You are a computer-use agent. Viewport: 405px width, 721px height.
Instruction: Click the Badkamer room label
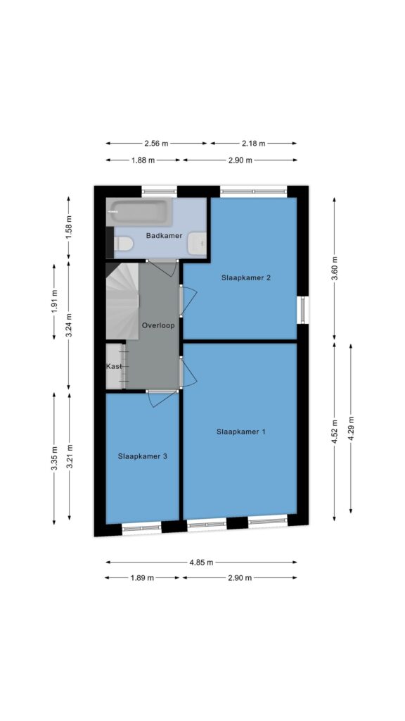(164, 236)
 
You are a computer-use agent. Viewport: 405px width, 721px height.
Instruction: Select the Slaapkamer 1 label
(240, 432)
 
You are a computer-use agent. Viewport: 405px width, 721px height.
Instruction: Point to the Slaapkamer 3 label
(142, 456)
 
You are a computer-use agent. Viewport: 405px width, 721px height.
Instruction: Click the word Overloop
(158, 325)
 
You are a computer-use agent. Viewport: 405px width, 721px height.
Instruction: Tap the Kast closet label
(114, 366)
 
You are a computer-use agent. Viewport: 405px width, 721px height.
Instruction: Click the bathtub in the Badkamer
(139, 212)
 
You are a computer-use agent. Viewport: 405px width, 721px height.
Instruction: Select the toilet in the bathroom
(122, 243)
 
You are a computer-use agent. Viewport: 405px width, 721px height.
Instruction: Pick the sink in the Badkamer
(198, 243)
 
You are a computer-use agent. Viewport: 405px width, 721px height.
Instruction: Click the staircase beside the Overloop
(122, 301)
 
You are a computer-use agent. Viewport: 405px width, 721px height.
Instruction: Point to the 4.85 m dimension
(202, 563)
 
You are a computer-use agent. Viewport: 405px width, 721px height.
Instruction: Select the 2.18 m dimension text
(253, 144)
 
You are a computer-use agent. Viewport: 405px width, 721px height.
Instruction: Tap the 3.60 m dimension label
(334, 268)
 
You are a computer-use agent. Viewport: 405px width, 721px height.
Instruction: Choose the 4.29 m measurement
(351, 429)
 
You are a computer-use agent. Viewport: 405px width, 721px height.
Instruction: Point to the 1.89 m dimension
(142, 578)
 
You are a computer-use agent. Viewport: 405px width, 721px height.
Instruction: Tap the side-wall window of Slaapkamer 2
(303, 310)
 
